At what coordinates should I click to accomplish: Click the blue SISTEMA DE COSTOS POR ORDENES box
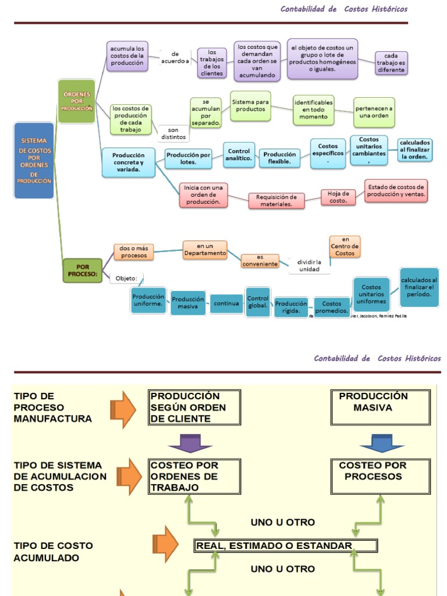pos(34,161)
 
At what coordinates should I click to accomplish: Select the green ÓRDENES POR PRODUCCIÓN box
pos(76,101)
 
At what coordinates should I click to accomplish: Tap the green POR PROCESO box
pos(82,269)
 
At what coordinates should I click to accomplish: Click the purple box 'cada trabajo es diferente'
pos(391,63)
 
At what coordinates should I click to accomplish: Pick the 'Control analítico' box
pos(239,155)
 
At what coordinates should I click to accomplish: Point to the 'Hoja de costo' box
pos(338,197)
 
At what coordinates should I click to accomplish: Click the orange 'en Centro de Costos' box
pos(345,246)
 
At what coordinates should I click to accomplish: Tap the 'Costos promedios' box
pos(332,307)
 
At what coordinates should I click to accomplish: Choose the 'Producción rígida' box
pos(291,307)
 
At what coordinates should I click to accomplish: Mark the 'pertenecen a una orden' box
pos(374,112)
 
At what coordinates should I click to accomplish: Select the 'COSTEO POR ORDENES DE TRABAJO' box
pos(194,476)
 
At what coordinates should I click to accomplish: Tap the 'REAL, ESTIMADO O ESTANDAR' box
pos(286,546)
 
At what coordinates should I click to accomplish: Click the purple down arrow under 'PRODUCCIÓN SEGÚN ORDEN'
pos(190,444)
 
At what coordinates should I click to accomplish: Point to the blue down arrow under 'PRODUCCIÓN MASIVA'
pos(381,444)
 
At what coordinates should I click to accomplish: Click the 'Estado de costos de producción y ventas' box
pos(396,190)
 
